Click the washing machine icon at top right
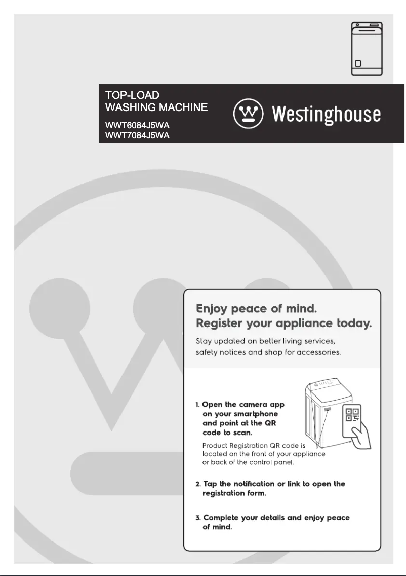coord(367,49)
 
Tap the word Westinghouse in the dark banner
coord(327,114)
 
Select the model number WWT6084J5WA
coord(137,125)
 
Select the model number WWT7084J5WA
coord(137,135)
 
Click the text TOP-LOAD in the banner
coord(132,95)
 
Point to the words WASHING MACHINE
coord(156,107)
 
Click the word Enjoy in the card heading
coord(212,308)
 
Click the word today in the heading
coord(354,323)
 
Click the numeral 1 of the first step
coord(197,405)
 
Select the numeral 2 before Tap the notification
coord(198,484)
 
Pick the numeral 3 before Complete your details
coord(198,518)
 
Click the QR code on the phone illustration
coord(352,414)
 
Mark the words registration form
coord(234,493)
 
